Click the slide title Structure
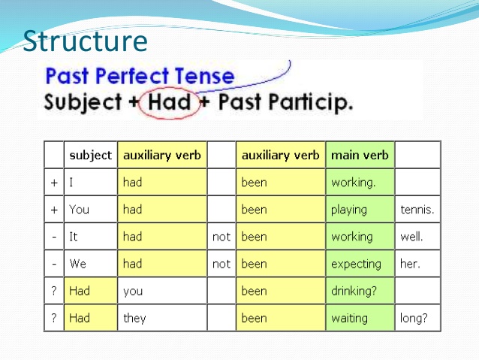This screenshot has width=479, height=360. pos(85,41)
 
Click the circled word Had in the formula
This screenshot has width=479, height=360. pos(170,102)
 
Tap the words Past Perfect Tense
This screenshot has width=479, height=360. pos(139,76)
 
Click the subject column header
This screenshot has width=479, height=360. pos(90,156)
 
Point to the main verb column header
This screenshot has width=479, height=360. pos(360,156)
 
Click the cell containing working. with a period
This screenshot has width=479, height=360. pos(352,183)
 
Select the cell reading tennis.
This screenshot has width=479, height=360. pos(417,210)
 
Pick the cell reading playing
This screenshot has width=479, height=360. pos(349,210)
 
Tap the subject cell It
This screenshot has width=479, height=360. pos(74,237)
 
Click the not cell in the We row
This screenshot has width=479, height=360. pos(221,264)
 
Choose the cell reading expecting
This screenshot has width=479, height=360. pos(356,264)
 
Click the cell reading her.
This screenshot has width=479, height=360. pos(410,264)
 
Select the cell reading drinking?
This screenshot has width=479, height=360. pos(354,291)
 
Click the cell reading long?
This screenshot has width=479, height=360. pos(414,318)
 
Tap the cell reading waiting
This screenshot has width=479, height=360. pos(349,318)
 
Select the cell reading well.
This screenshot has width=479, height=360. pos(411,237)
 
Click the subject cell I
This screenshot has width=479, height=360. pos(71,183)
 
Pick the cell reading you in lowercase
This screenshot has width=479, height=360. pos(134,291)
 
